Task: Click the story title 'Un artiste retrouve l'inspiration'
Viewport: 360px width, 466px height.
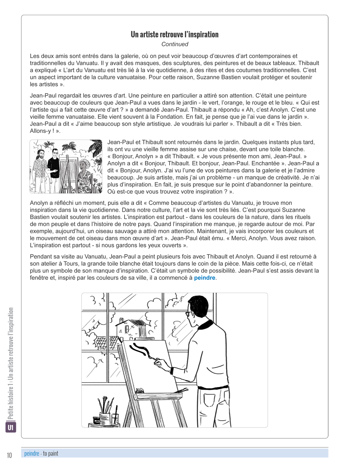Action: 175,35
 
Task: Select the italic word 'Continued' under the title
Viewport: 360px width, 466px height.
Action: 175,44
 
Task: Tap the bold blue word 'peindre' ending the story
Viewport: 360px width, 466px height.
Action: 204,278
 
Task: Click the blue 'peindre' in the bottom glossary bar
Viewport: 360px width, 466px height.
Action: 32,453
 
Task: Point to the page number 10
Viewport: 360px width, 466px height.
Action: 9,455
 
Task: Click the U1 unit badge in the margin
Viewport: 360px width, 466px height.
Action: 11,427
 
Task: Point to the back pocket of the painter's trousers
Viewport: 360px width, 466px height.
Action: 210,400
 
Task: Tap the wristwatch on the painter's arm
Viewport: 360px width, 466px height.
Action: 172,370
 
